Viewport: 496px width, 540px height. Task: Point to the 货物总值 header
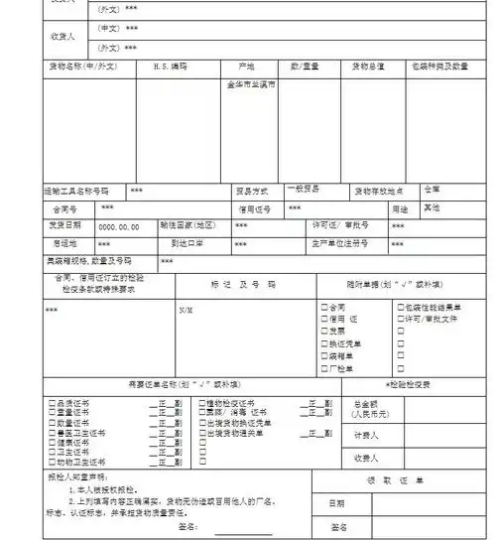point(368,67)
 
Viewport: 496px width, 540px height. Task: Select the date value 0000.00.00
point(118,225)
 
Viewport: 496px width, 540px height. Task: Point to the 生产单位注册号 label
point(339,243)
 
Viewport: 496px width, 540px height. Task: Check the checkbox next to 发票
point(324,332)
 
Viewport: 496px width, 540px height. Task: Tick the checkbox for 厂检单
point(324,368)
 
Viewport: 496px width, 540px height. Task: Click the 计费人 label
point(366,435)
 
